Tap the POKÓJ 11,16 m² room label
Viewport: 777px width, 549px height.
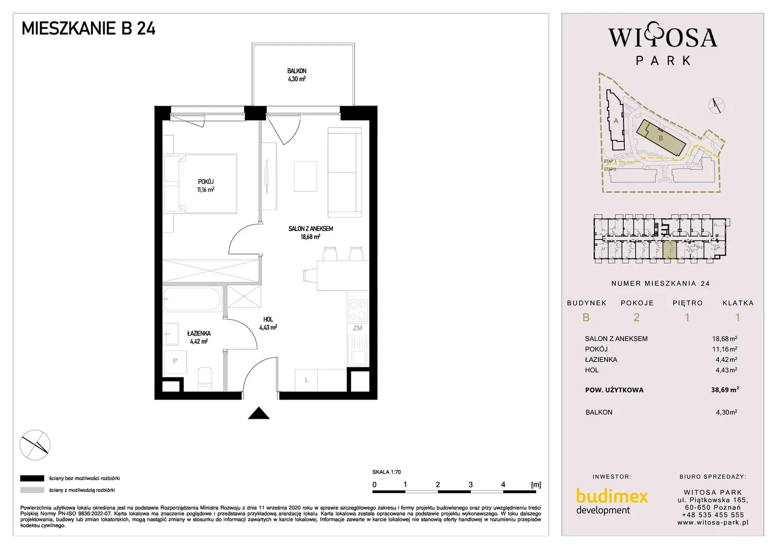[206, 186]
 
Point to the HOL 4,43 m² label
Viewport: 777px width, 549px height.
[268, 323]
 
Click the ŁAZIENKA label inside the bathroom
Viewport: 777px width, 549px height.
[199, 333]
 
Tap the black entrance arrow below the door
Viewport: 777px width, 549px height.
[259, 413]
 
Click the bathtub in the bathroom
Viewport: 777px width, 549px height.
[193, 299]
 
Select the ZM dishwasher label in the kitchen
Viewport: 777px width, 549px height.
[357, 328]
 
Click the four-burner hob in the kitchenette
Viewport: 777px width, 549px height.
[358, 311]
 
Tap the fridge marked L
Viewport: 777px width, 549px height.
[306, 380]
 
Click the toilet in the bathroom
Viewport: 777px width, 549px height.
[205, 379]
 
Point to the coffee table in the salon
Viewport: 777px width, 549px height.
[305, 176]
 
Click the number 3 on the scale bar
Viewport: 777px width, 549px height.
[470, 484]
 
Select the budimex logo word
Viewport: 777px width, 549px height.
[612, 496]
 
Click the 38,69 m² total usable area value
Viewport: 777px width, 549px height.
[725, 389]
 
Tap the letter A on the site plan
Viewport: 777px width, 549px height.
[616, 120]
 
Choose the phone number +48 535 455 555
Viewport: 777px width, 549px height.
[712, 515]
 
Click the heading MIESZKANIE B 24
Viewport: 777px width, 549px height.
[88, 28]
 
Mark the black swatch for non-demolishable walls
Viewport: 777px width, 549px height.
[32, 478]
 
